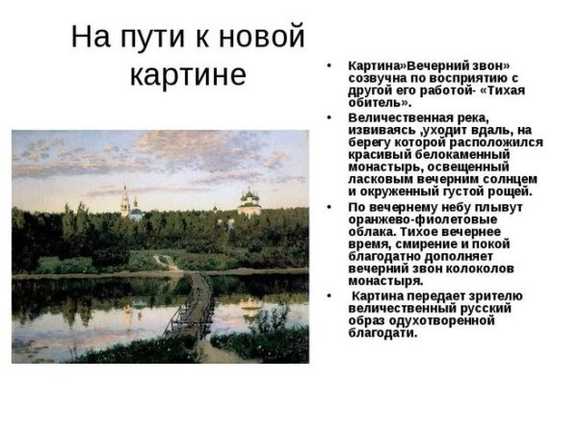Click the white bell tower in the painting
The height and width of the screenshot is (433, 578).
[x=125, y=202]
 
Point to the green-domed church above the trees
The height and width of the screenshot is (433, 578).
[x=250, y=201]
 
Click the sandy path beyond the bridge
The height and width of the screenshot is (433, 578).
[x=167, y=261]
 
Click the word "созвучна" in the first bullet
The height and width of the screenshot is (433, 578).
[x=378, y=77]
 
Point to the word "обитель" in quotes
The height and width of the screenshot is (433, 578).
[x=381, y=102]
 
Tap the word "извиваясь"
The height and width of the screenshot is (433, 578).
[x=381, y=129]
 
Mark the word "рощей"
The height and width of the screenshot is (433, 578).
[x=508, y=191]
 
